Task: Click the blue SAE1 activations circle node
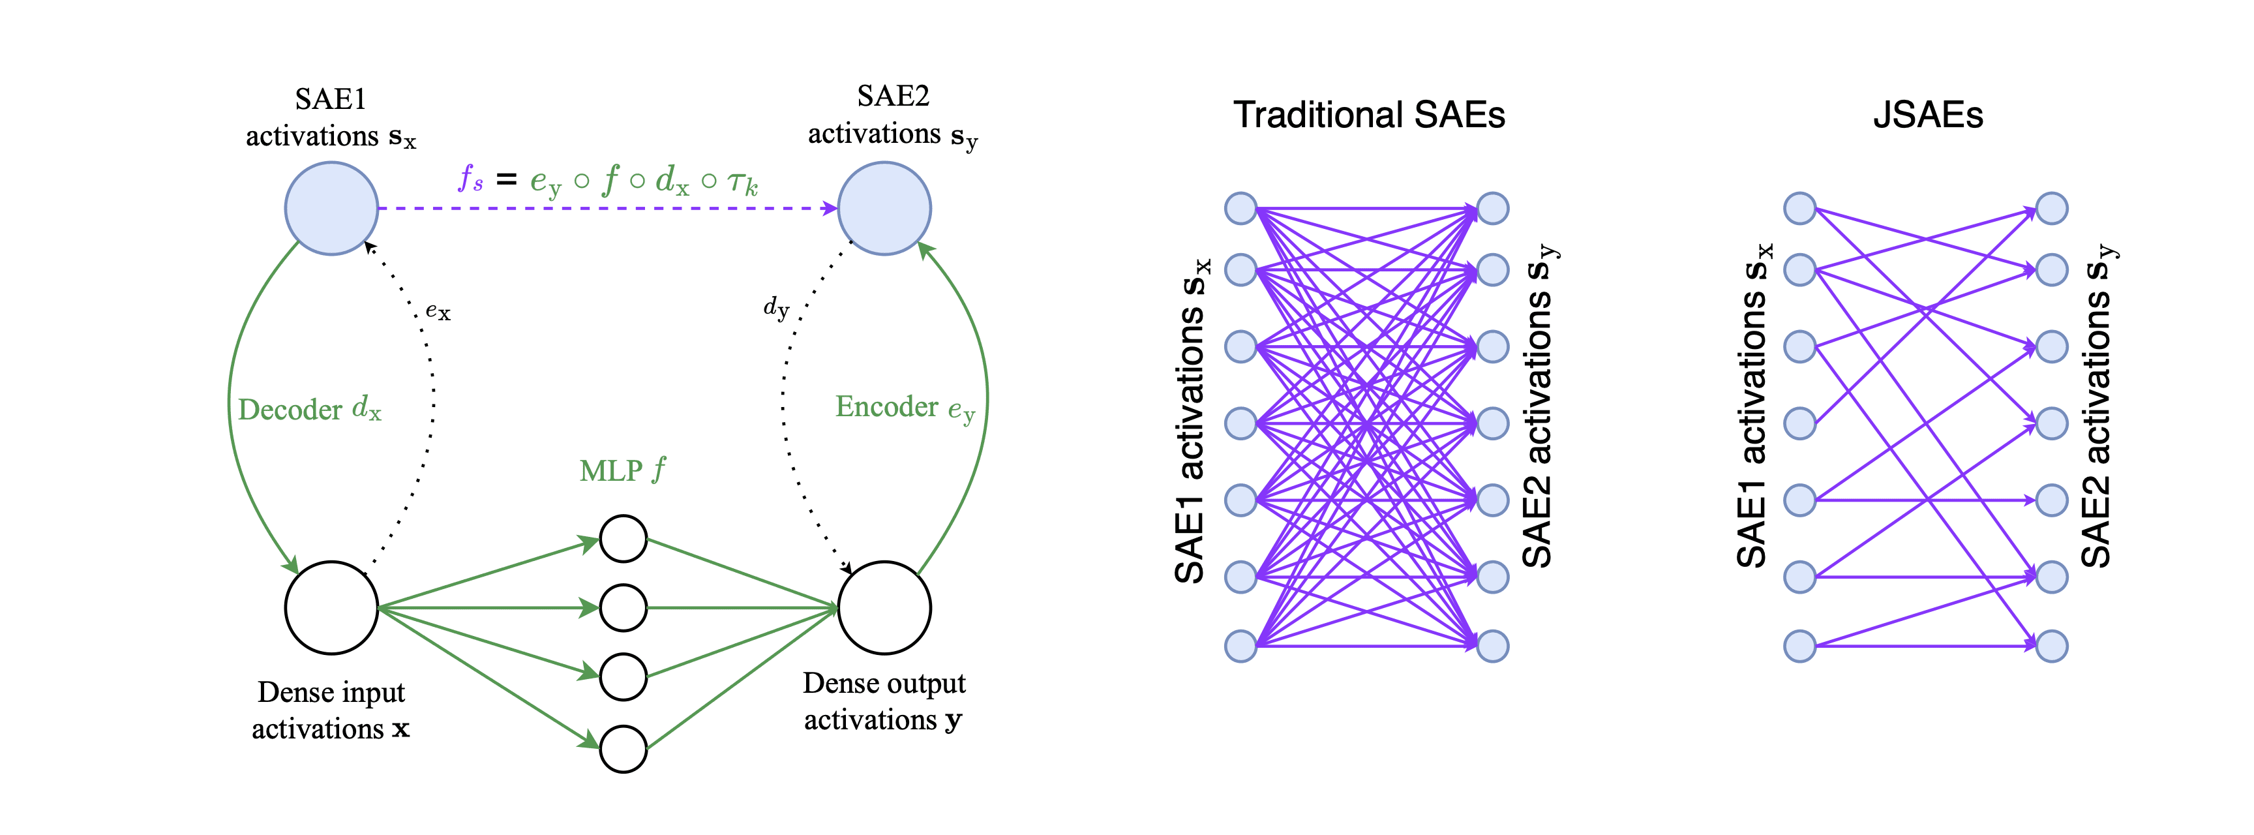click(331, 208)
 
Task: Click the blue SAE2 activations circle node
click(884, 208)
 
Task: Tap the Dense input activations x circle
click(331, 607)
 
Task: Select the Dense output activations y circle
click(884, 607)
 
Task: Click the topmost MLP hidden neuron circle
click(623, 538)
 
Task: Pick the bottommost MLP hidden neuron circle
click(623, 748)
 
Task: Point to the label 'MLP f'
click(622, 471)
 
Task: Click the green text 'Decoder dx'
click(310, 409)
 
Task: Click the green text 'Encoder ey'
click(905, 407)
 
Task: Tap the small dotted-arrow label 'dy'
click(776, 307)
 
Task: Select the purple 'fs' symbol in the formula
click(471, 179)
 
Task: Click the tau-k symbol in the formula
click(742, 182)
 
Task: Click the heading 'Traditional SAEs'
click(1368, 115)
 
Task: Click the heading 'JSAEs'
click(1928, 115)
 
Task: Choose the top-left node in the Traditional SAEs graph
click(1240, 208)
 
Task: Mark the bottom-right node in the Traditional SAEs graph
click(1493, 646)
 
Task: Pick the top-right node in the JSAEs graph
click(2052, 208)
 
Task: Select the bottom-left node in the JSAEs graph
click(1800, 646)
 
